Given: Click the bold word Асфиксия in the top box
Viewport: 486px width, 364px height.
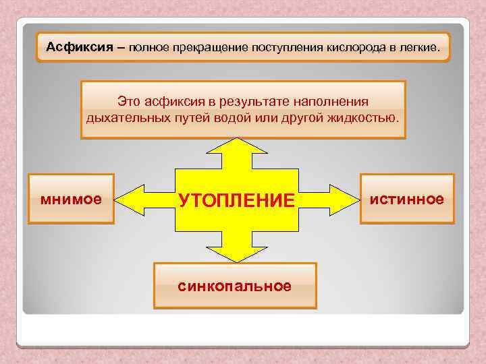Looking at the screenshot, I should pos(74,48).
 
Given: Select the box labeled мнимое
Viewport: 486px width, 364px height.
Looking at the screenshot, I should pos(71,199).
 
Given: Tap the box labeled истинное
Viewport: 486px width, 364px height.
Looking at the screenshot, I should pos(407,199).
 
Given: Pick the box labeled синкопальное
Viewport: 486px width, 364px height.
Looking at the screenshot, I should pos(235,286).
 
